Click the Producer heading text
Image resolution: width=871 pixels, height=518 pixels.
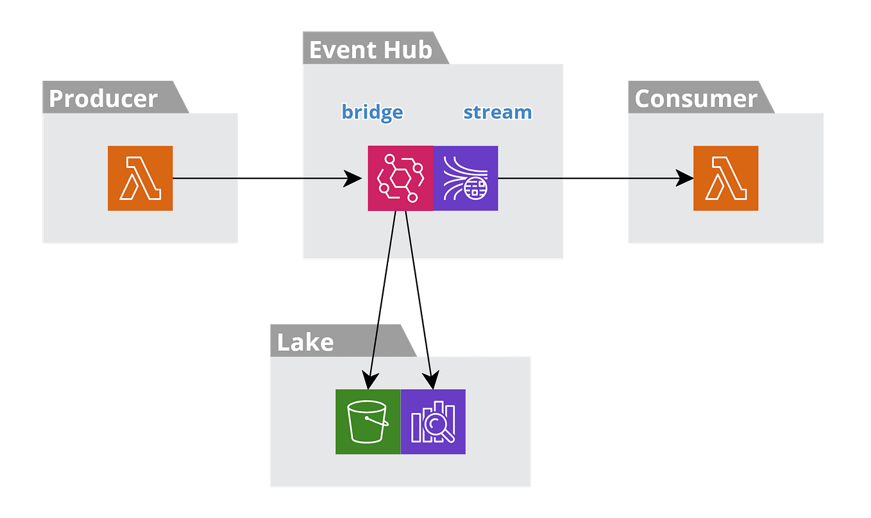tap(103, 99)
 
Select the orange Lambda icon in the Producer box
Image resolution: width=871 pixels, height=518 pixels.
tap(140, 178)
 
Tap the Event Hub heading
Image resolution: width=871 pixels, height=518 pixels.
tap(370, 50)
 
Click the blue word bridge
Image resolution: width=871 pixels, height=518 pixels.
tap(372, 112)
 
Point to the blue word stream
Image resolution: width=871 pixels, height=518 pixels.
tap(497, 112)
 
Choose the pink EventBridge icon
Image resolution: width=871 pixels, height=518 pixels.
tap(400, 178)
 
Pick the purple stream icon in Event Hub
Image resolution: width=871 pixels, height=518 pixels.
tap(466, 178)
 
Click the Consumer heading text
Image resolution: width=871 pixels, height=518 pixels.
tap(696, 99)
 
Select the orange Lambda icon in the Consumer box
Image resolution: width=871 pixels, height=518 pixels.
tap(725, 178)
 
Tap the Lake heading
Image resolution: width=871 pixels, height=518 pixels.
tap(305, 342)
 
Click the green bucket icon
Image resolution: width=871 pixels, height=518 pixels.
tap(368, 422)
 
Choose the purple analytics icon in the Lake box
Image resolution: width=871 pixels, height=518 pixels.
tap(433, 422)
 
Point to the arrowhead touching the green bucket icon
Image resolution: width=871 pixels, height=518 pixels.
tap(368, 381)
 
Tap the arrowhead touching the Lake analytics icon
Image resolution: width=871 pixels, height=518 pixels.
tap(432, 381)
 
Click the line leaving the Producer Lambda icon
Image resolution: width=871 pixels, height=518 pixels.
tap(205, 178)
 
